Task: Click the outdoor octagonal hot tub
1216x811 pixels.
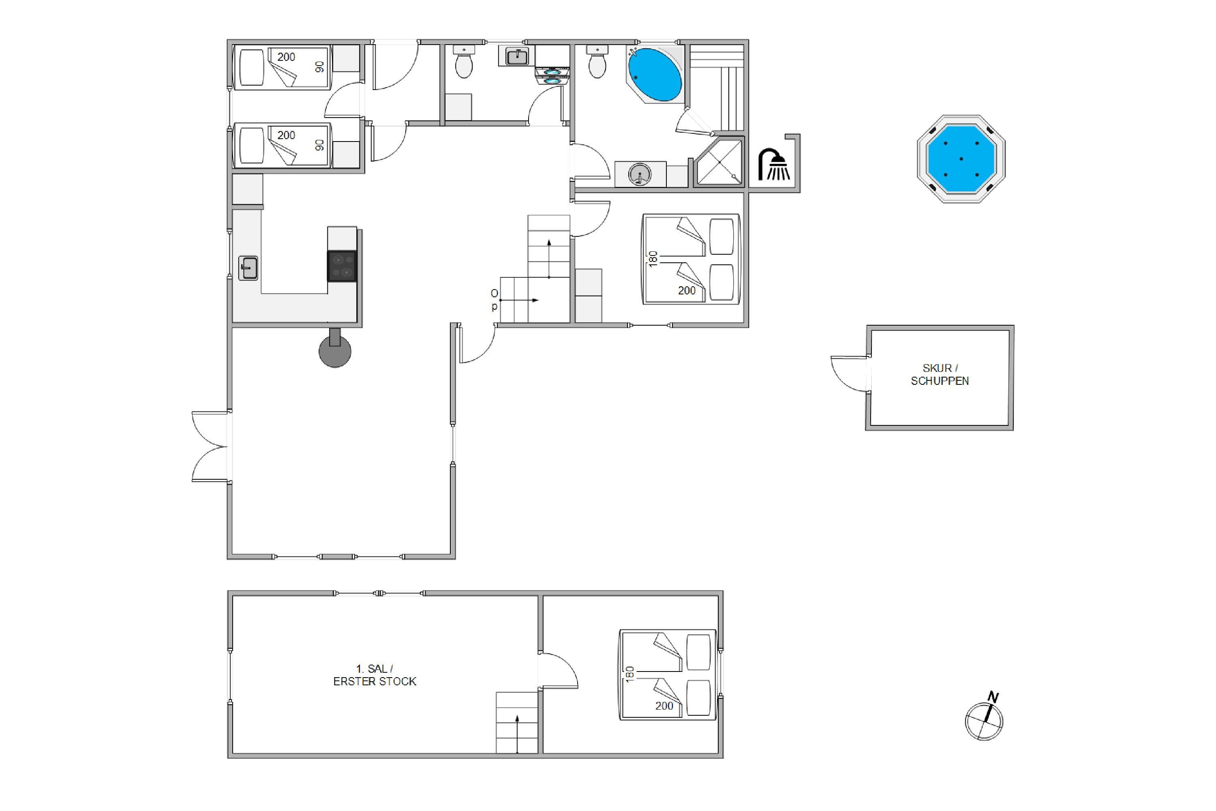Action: pyautogui.click(x=961, y=159)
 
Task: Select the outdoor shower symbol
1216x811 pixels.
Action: pyautogui.click(x=773, y=165)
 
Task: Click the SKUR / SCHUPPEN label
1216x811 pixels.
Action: pyautogui.click(x=940, y=374)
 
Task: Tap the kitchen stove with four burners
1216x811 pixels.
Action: pyautogui.click(x=342, y=266)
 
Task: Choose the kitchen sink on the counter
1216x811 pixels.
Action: pyautogui.click(x=248, y=268)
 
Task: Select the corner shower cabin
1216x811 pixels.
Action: pyautogui.click(x=719, y=162)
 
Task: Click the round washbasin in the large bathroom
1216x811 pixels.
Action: pyautogui.click(x=640, y=174)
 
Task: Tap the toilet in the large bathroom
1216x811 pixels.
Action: pyautogui.click(x=597, y=62)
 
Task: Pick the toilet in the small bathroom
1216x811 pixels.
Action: pyautogui.click(x=464, y=62)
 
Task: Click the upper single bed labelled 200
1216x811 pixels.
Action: pyautogui.click(x=282, y=68)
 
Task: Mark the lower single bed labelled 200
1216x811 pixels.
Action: pyautogui.click(x=282, y=145)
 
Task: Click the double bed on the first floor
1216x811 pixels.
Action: pyautogui.click(x=668, y=674)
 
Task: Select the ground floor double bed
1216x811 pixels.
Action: pyautogui.click(x=691, y=259)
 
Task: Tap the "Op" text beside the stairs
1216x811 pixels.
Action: pyautogui.click(x=494, y=300)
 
